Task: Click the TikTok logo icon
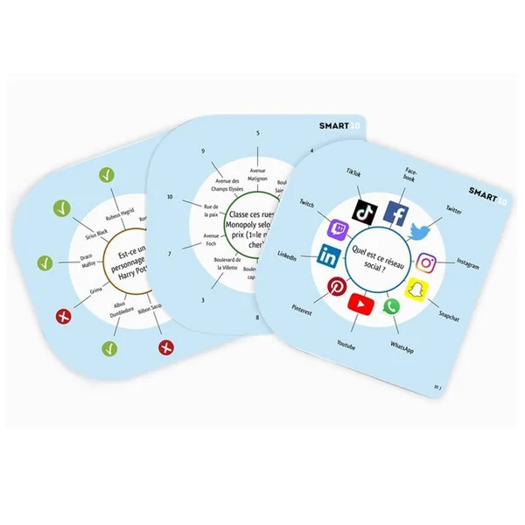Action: [363, 211]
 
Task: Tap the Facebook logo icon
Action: [396, 215]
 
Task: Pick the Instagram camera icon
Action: [426, 262]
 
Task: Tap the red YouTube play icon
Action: [360, 304]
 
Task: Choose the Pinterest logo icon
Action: [336, 287]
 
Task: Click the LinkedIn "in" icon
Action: [329, 255]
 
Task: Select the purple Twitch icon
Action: [336, 229]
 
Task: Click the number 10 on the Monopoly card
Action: [170, 197]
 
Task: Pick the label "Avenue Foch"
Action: [213, 240]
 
